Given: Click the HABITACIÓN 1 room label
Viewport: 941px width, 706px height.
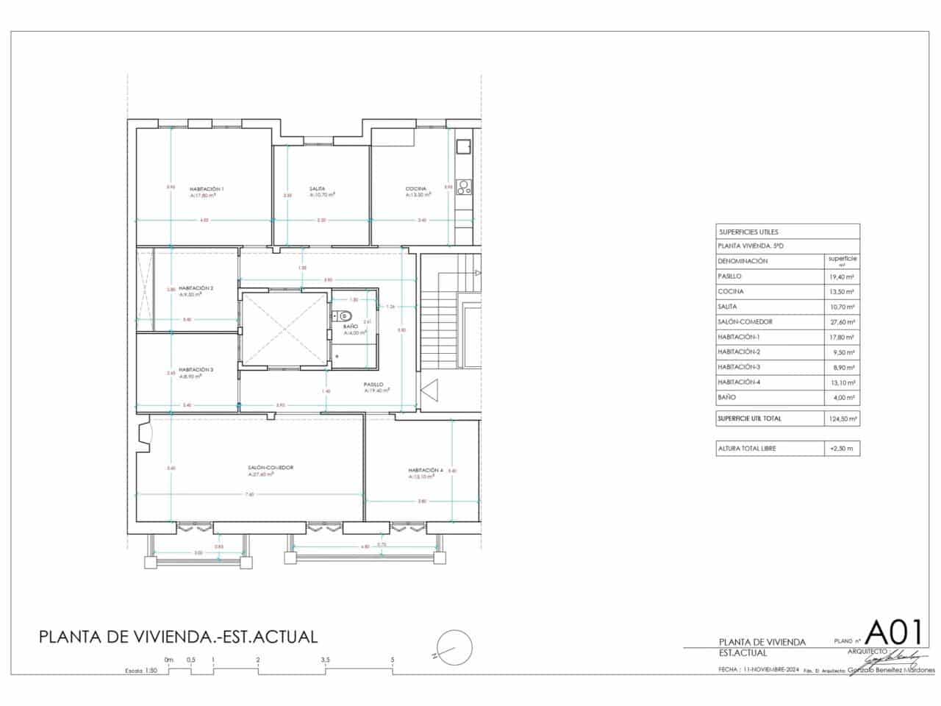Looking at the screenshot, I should [206, 190].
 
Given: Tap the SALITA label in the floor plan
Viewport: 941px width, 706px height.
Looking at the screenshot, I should [318, 190].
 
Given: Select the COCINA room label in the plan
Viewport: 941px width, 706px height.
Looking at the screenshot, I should [416, 190].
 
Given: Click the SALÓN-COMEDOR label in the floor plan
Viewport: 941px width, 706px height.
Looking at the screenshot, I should [271, 468].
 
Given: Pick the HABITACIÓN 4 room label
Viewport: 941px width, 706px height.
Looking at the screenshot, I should [426, 471].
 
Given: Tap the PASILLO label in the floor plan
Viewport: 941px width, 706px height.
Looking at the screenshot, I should [373, 385].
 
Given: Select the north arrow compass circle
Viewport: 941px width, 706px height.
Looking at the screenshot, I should [453, 649].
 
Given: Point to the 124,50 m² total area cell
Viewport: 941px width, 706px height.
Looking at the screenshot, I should [841, 418].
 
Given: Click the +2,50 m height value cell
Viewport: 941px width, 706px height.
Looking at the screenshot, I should [841, 448].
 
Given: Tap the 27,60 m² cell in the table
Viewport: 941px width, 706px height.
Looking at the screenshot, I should [841, 322].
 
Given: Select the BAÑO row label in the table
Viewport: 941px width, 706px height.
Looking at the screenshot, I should [727, 398].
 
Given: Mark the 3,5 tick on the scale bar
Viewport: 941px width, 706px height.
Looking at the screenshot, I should [325, 660].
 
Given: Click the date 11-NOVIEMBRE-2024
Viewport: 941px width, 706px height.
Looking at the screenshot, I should [770, 670].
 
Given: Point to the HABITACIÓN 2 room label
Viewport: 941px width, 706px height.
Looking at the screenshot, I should [196, 288].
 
